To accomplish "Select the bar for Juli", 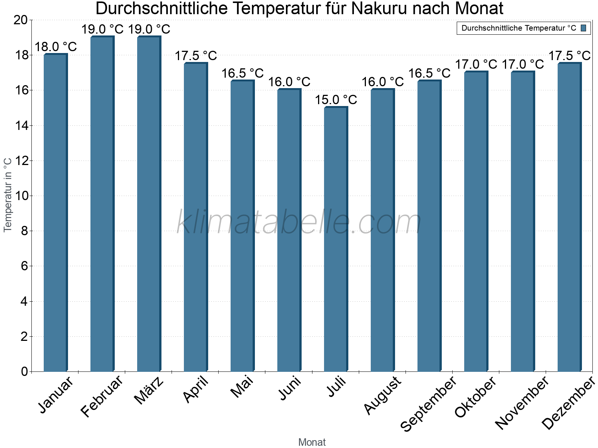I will (336, 239).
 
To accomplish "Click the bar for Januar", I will (55, 213).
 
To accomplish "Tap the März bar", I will (149, 204).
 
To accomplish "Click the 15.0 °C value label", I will (336, 100).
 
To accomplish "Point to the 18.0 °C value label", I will (56, 47).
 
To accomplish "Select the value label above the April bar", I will (196, 56).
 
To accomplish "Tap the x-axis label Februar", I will (102, 396).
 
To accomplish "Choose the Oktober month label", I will (475, 397).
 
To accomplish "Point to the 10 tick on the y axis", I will (22, 196).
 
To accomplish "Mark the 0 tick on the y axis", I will (25, 371).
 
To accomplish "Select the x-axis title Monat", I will (312, 442).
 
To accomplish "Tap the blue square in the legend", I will (584, 28).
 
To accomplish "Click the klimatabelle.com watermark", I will (299, 222).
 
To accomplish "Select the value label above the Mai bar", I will (243, 74).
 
